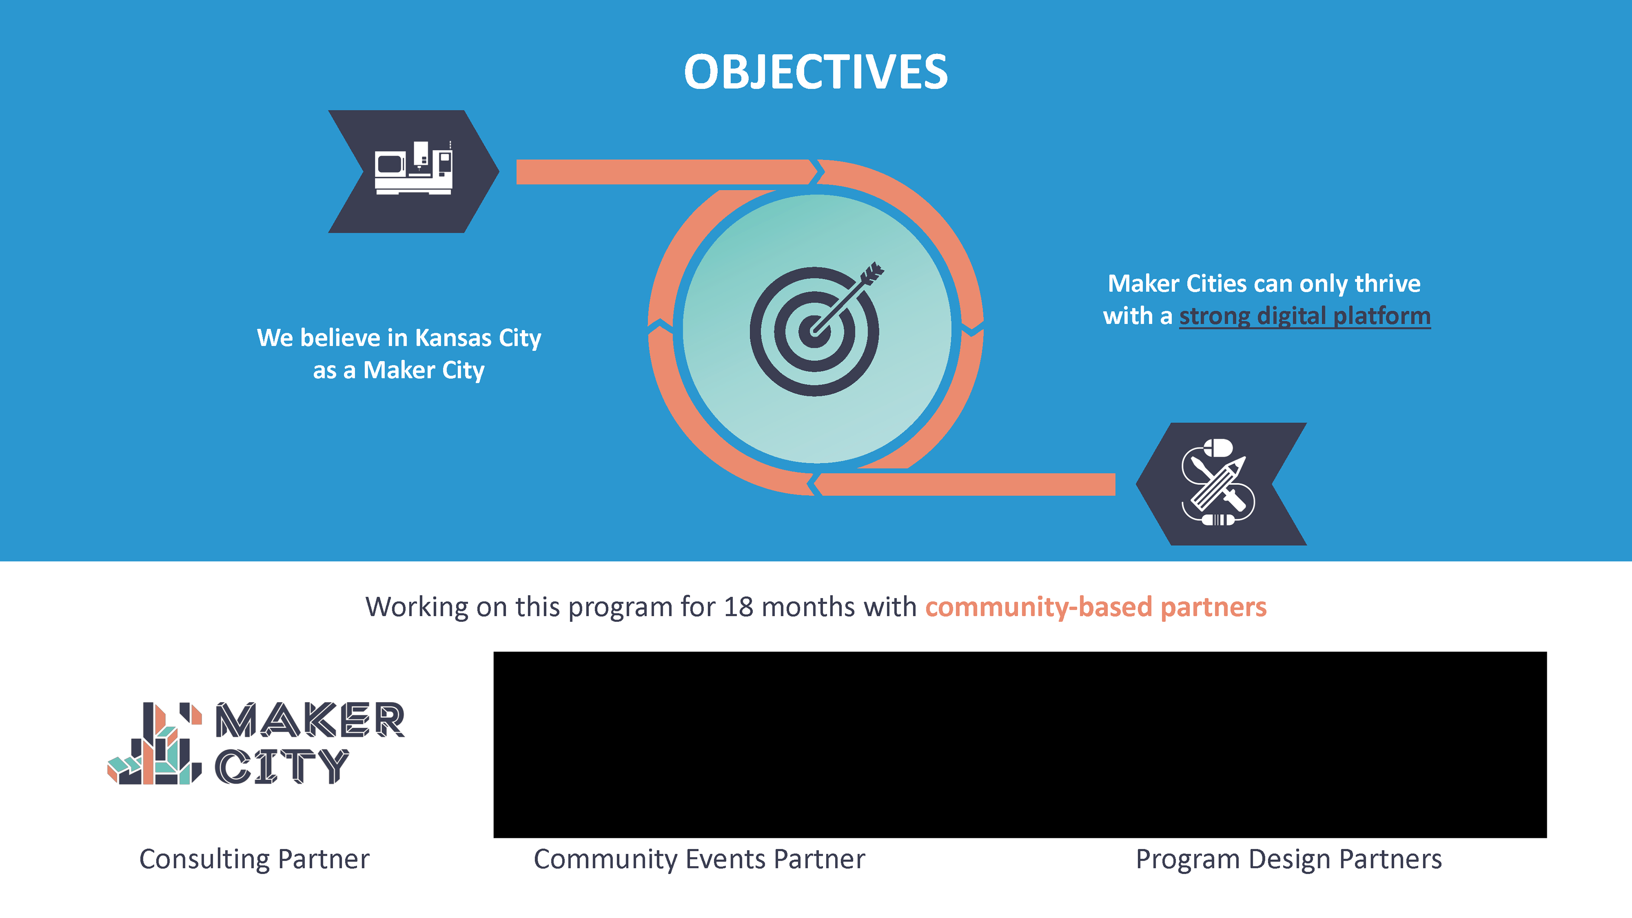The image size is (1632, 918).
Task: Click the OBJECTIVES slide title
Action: [816, 71]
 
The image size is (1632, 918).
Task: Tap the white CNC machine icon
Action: [414, 168]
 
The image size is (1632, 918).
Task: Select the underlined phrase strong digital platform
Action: [1304, 316]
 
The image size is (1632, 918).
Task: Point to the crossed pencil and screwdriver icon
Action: [1218, 483]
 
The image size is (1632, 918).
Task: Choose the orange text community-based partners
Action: [1096, 607]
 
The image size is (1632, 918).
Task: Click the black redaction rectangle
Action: [1020, 745]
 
